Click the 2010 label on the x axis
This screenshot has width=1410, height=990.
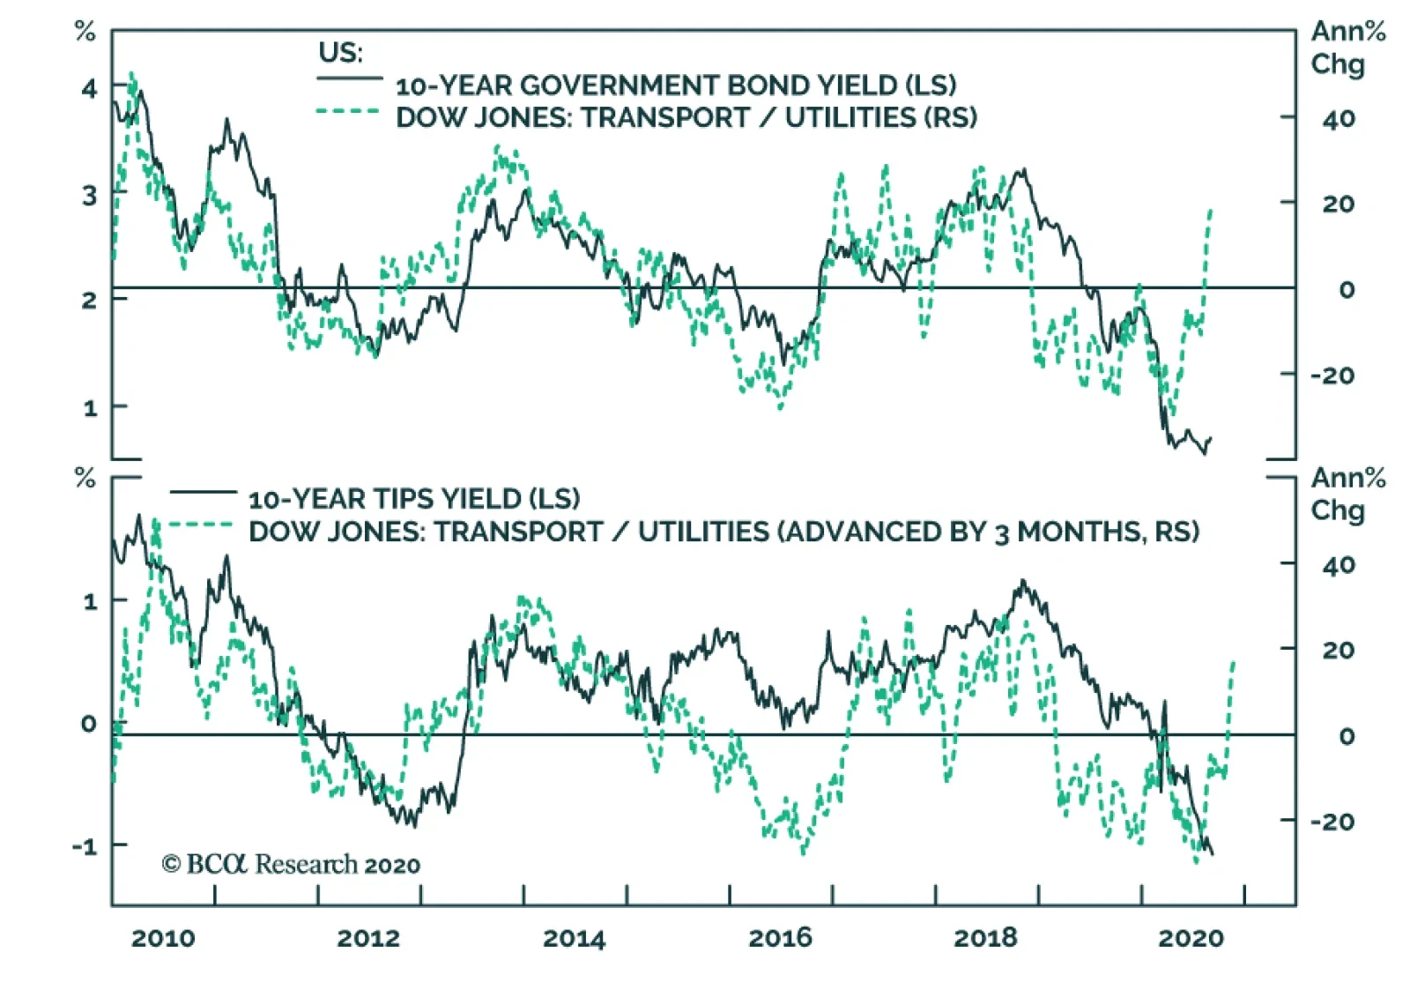click(163, 938)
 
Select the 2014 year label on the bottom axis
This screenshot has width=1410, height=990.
click(575, 938)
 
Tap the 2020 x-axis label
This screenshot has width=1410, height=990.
click(1191, 938)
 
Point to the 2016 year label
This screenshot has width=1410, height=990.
click(780, 938)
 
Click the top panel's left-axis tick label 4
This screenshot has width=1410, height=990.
click(89, 88)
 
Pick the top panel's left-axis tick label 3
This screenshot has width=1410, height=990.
click(89, 195)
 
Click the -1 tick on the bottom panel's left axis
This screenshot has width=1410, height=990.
click(85, 846)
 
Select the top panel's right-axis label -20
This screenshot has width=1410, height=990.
click(1332, 376)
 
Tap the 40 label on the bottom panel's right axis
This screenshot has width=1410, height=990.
click(1338, 565)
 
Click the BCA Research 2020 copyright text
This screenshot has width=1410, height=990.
click(291, 864)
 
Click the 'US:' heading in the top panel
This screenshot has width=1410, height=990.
click(340, 52)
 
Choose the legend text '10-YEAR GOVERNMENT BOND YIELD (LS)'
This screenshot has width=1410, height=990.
click(676, 86)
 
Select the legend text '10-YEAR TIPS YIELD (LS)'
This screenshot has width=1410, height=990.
click(414, 499)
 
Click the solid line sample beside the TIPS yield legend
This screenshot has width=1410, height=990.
click(203, 492)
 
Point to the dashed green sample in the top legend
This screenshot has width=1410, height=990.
click(348, 112)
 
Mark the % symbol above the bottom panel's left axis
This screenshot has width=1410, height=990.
click(85, 479)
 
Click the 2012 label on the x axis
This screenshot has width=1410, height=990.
click(368, 938)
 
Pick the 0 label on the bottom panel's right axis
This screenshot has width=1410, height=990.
click(1346, 736)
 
